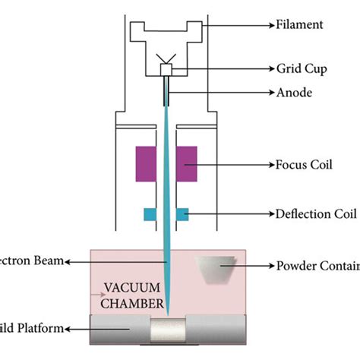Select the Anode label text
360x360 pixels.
[x=292, y=95]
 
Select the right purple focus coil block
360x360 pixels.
[x=186, y=163]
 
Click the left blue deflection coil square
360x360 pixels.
[x=150, y=215]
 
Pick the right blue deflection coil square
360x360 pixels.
[x=182, y=215]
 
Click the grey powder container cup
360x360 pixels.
[x=215, y=268]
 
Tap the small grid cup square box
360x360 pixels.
[x=166, y=70]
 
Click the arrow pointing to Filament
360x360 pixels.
[x=235, y=25]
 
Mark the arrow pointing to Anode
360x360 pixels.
[x=220, y=95]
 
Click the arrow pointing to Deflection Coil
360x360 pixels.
[x=228, y=214]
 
